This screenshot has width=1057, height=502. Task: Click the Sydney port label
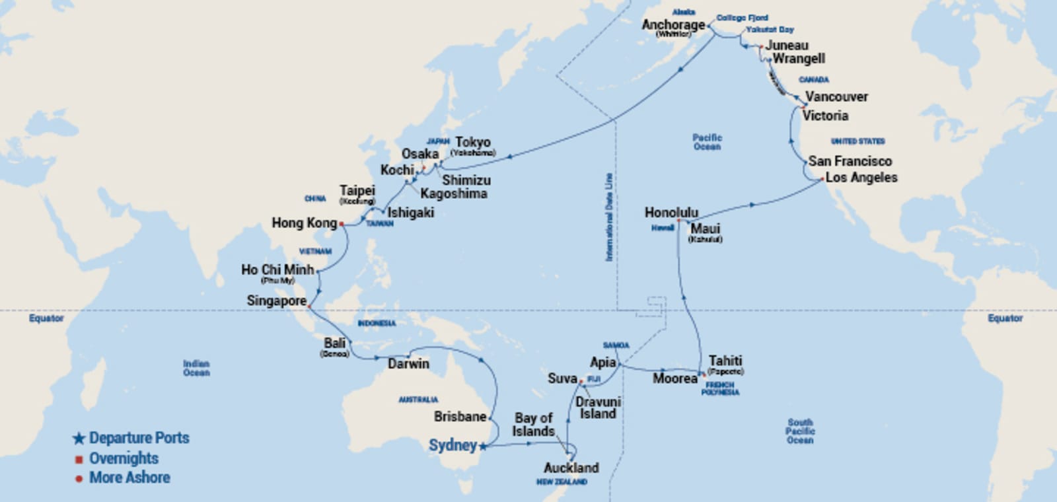(453, 445)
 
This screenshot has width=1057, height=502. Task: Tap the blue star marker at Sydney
(483, 447)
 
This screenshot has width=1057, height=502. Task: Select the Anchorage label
(673, 25)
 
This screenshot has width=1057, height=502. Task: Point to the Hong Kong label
(304, 223)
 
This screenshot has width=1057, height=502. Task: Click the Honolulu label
(671, 213)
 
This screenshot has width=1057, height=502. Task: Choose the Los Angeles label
(861, 178)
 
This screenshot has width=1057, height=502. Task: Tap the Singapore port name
(276, 301)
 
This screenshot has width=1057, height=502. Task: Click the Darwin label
(408, 364)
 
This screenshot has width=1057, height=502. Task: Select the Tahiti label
(725, 361)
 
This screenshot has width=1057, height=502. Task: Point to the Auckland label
(571, 468)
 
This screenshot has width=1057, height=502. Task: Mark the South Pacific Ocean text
(799, 431)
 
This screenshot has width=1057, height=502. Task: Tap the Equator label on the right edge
(1005, 318)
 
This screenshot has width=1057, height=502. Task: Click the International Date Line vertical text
(609, 217)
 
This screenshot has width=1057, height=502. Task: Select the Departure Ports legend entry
(139, 438)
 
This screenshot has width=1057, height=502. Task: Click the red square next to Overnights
(79, 459)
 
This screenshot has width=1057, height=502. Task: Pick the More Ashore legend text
(129, 478)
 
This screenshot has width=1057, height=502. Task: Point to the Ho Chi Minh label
(277, 269)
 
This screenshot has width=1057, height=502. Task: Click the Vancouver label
(836, 97)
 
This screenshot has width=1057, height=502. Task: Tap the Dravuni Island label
(598, 408)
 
